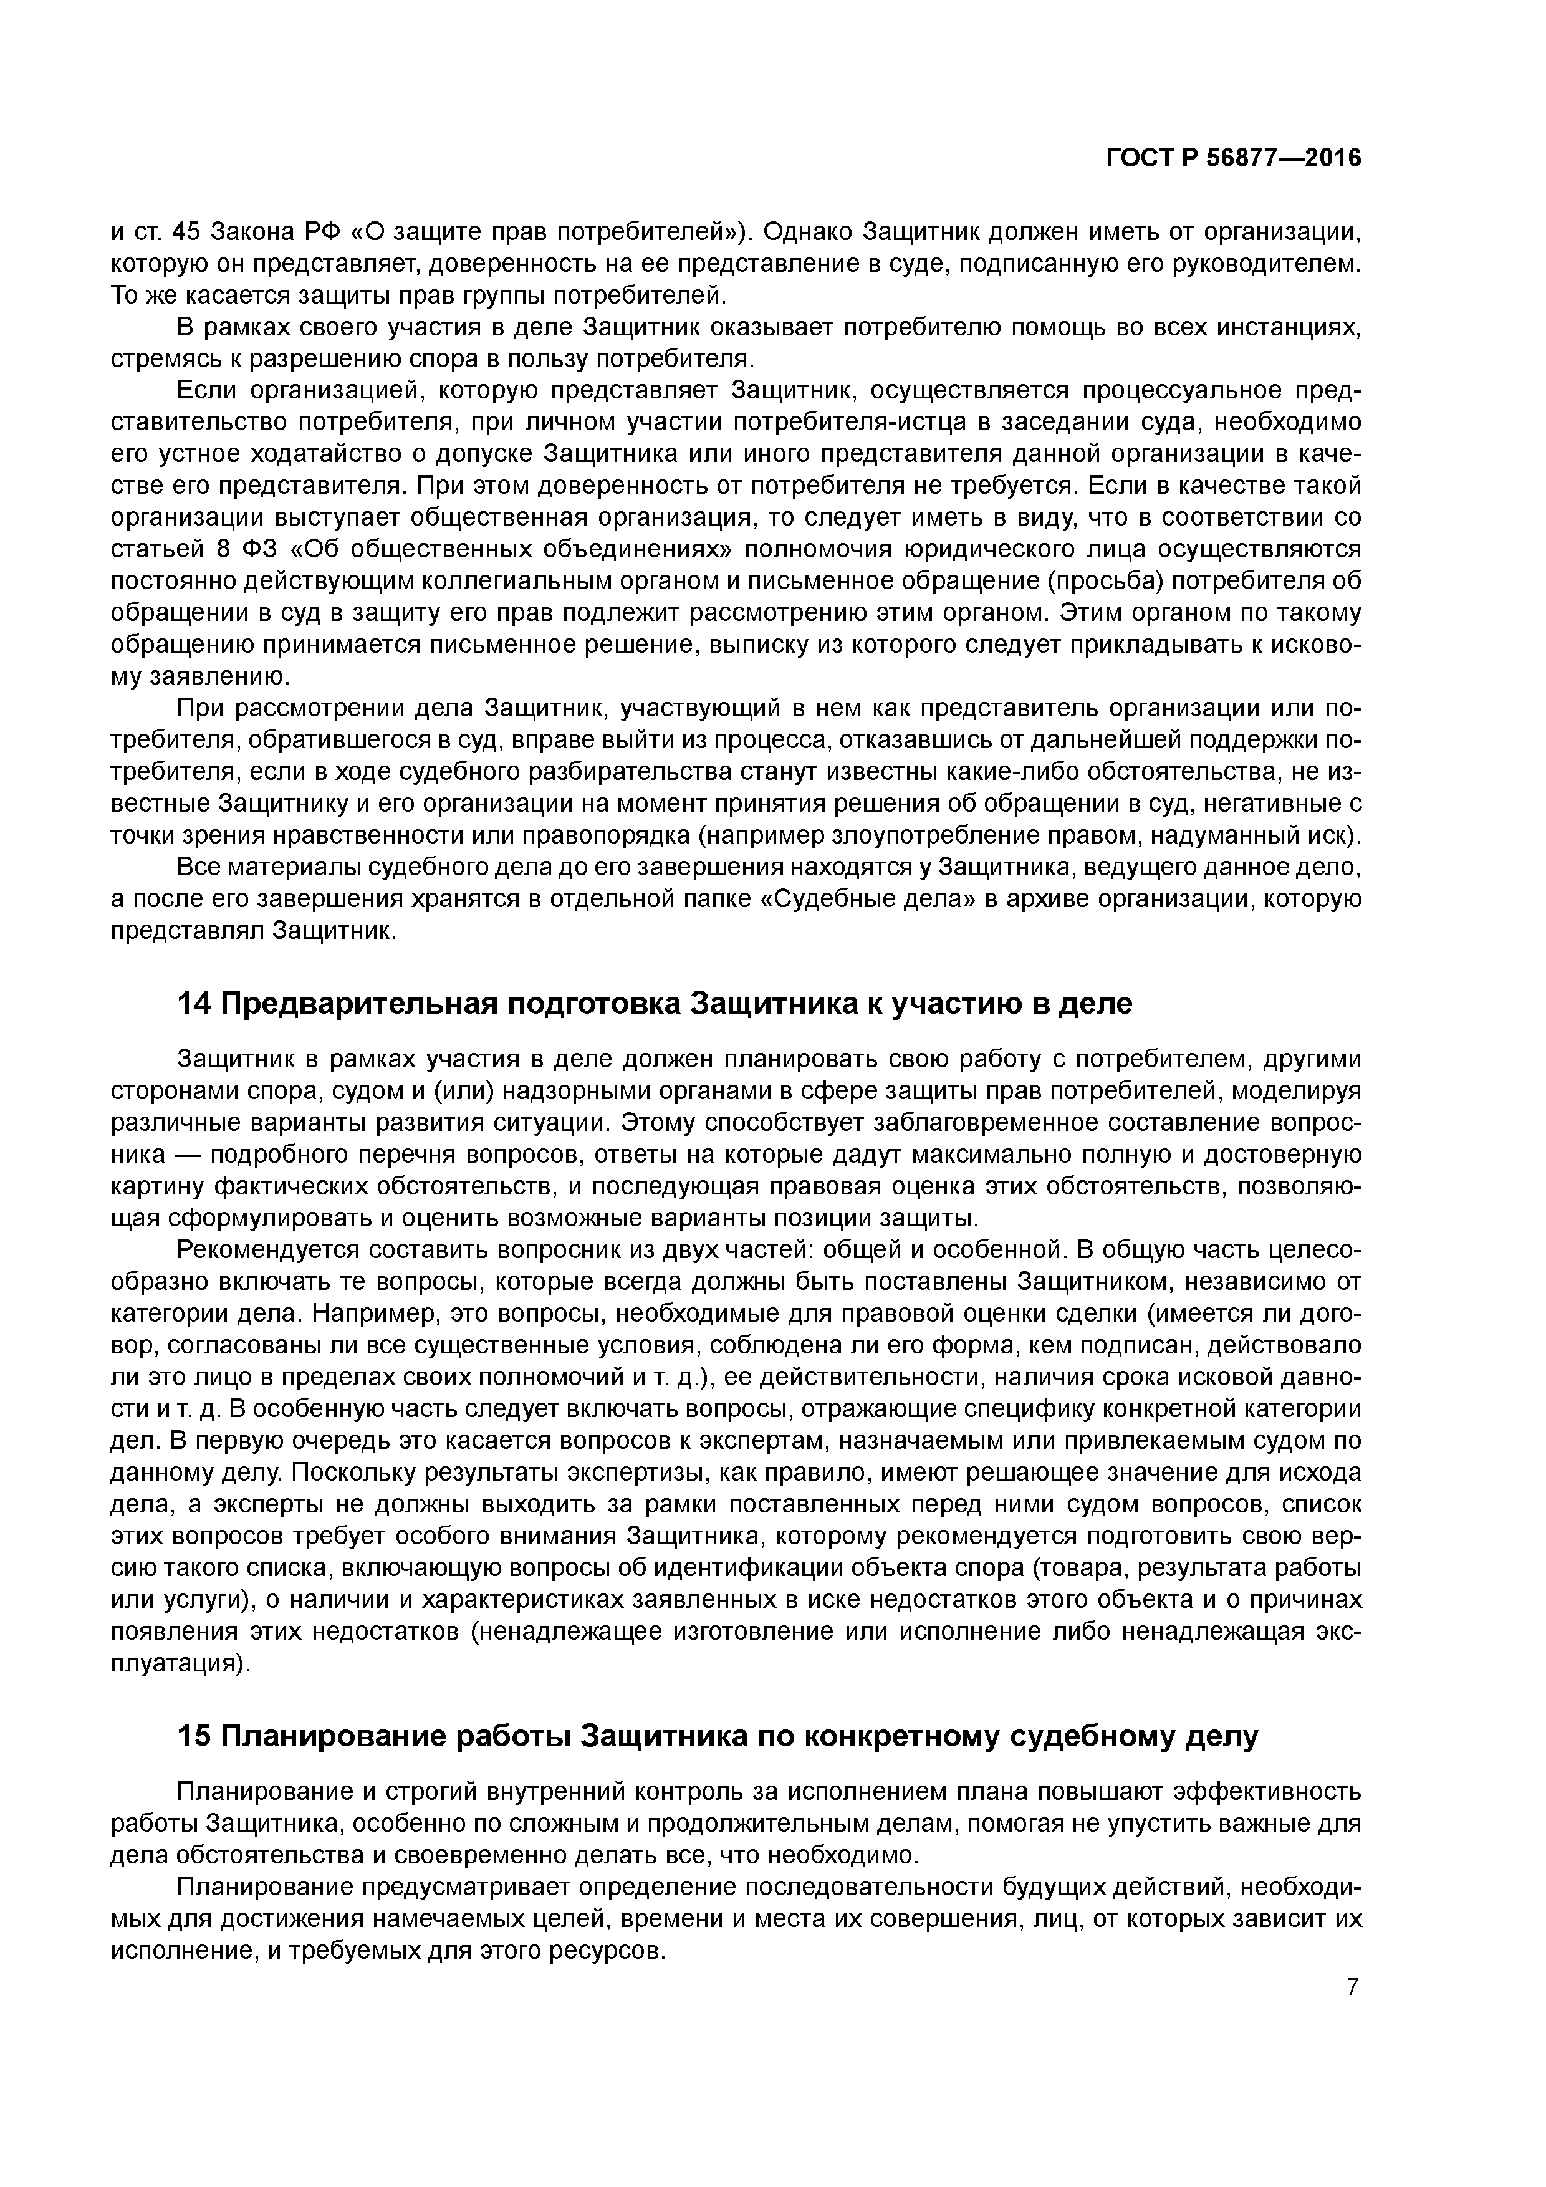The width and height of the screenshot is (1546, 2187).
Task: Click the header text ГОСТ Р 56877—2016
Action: point(1234,158)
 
